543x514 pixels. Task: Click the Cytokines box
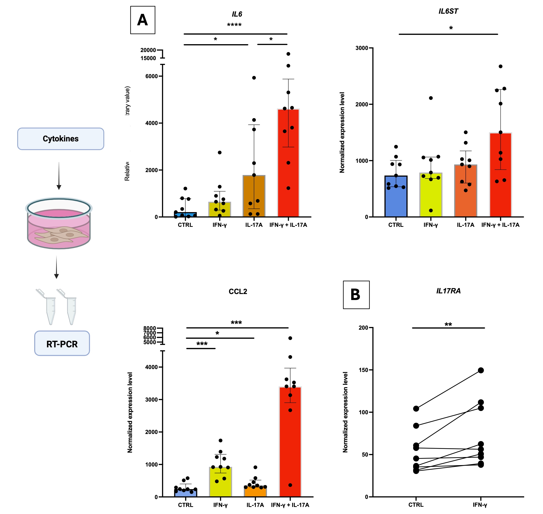(60, 139)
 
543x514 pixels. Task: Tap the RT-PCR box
(62, 344)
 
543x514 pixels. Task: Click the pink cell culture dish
(59, 223)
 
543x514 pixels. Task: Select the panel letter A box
(143, 20)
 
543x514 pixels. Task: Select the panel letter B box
(356, 295)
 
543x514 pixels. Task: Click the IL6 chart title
(237, 14)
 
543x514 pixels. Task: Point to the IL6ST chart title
(448, 11)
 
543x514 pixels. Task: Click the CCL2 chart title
(238, 292)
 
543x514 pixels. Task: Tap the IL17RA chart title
(448, 291)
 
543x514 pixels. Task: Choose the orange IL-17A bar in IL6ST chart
(466, 192)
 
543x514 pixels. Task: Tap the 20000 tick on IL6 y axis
(148, 50)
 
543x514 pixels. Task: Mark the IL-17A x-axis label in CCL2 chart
(255, 505)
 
